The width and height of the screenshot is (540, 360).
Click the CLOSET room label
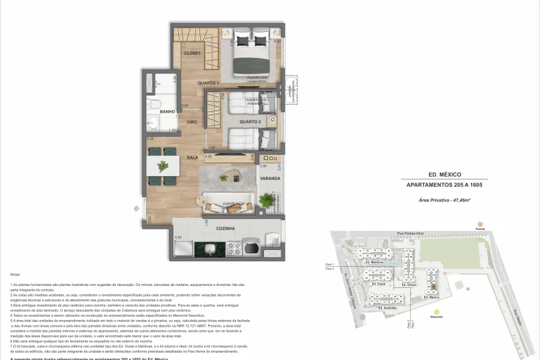(x=192, y=53)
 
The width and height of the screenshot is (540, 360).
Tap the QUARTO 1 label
(x=209, y=83)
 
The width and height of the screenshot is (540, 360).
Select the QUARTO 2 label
(x=250, y=122)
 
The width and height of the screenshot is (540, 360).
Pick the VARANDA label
(x=269, y=179)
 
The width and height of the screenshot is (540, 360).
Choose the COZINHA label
(x=225, y=228)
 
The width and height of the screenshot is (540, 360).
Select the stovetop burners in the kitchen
(x=235, y=248)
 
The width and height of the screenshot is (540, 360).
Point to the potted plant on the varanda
(x=267, y=201)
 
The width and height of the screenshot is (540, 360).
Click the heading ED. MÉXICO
(x=444, y=174)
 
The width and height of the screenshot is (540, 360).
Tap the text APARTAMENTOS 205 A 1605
(x=444, y=185)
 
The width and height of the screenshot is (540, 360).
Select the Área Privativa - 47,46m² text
(x=444, y=200)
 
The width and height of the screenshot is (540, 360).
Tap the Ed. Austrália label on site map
(x=387, y=308)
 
